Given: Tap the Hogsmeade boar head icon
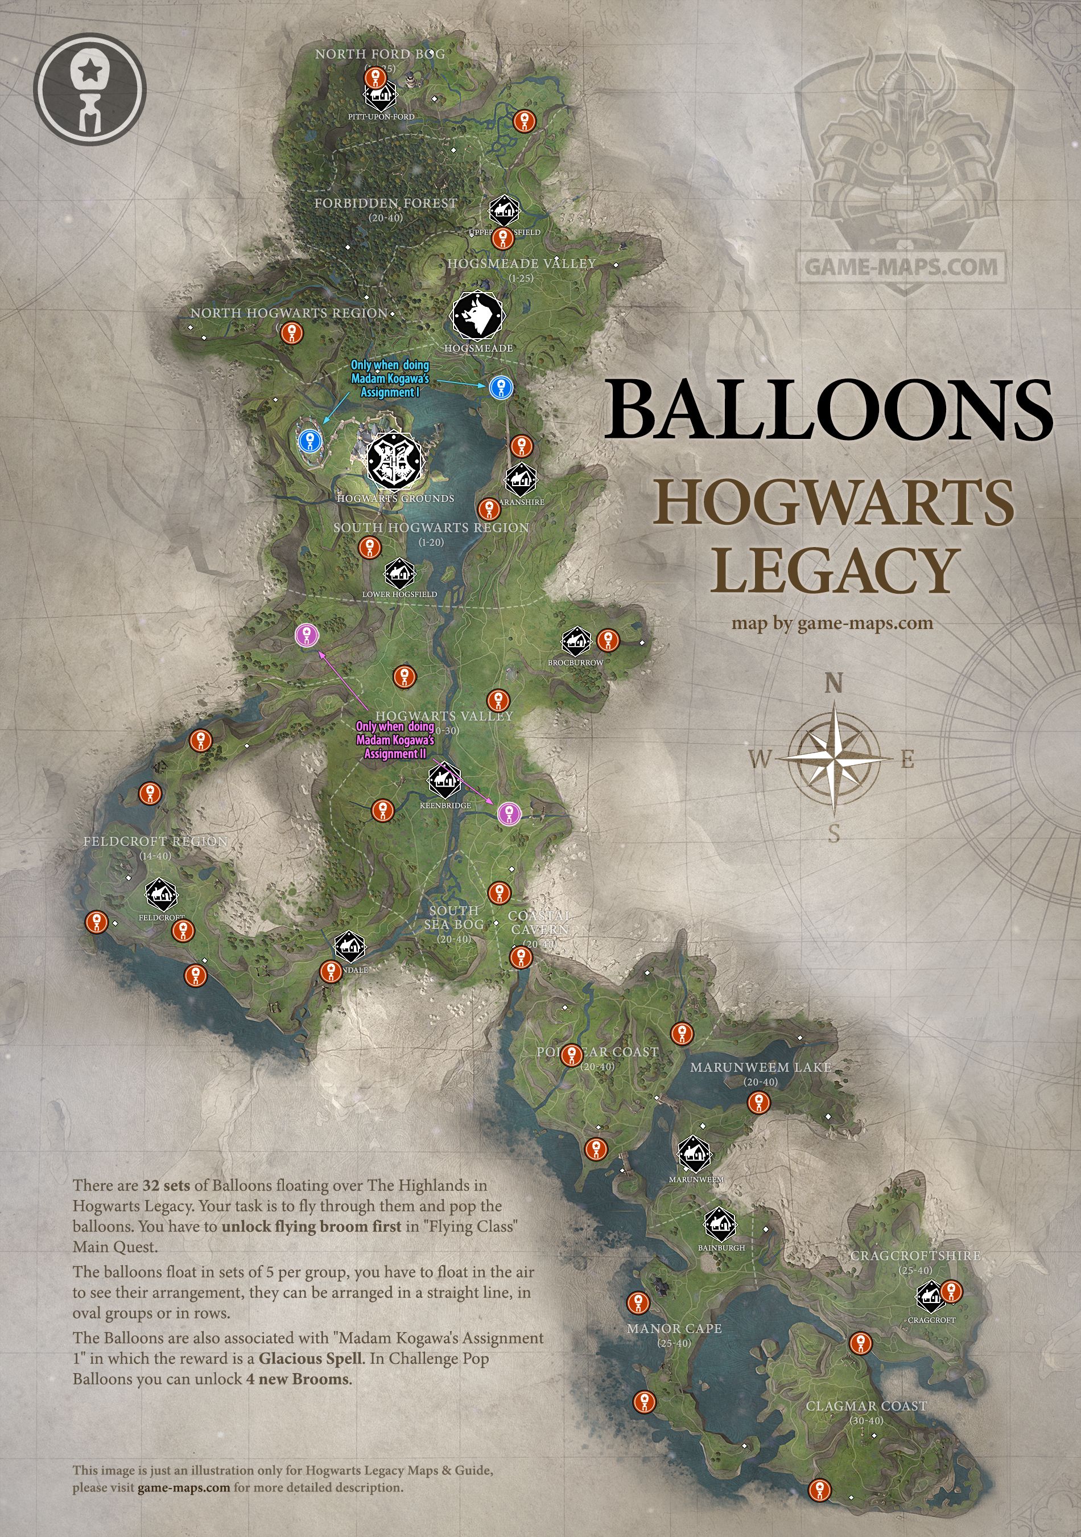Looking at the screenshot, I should pos(477,315).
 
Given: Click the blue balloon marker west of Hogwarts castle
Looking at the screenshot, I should pos(309,440).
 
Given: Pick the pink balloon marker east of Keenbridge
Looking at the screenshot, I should pos(509,813).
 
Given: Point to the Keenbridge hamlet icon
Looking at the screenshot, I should pos(444,780).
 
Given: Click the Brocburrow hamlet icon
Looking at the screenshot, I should pos(575,642).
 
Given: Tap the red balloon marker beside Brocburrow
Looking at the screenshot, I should pos(608,640).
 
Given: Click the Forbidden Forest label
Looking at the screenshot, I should pos(385,203).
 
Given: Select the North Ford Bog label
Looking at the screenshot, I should pos(379,54).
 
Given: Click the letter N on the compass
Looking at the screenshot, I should pos(834,684).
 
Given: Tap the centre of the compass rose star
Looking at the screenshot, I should pos(834,758).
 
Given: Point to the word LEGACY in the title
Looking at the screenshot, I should pos(835,570).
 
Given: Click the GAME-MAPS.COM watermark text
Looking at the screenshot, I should pos(901,266).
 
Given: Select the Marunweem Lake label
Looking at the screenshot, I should pos(760,1067).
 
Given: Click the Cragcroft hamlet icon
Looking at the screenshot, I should pos(930,1297).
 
